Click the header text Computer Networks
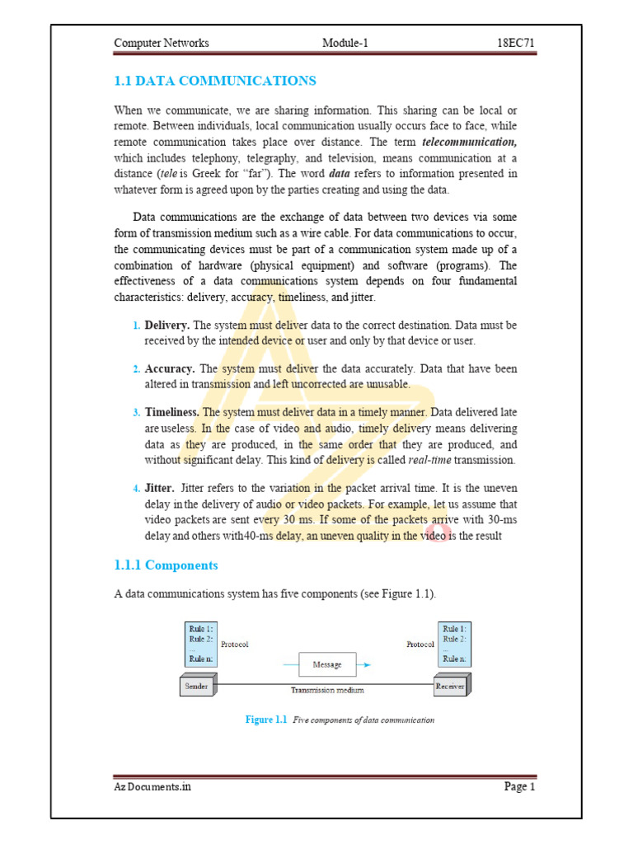pyautogui.click(x=161, y=43)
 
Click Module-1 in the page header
pyautogui.click(x=345, y=43)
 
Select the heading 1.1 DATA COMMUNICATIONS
pyautogui.click(x=214, y=81)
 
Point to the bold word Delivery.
pyautogui.click(x=167, y=326)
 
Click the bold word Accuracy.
pyautogui.click(x=170, y=368)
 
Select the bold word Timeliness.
pyautogui.click(x=172, y=411)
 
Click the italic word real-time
pyautogui.click(x=434, y=459)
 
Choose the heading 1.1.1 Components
pyautogui.click(x=166, y=565)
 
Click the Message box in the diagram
pyautogui.click(x=327, y=664)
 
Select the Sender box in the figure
pyautogui.click(x=197, y=686)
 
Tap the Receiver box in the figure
pyautogui.click(x=450, y=686)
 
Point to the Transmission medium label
pyautogui.click(x=327, y=691)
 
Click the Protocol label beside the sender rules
pyautogui.click(x=235, y=645)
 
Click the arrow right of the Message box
pyautogui.click(x=364, y=664)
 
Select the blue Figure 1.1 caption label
pyautogui.click(x=265, y=720)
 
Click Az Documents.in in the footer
pyautogui.click(x=152, y=787)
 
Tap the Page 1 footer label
pyautogui.click(x=520, y=787)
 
